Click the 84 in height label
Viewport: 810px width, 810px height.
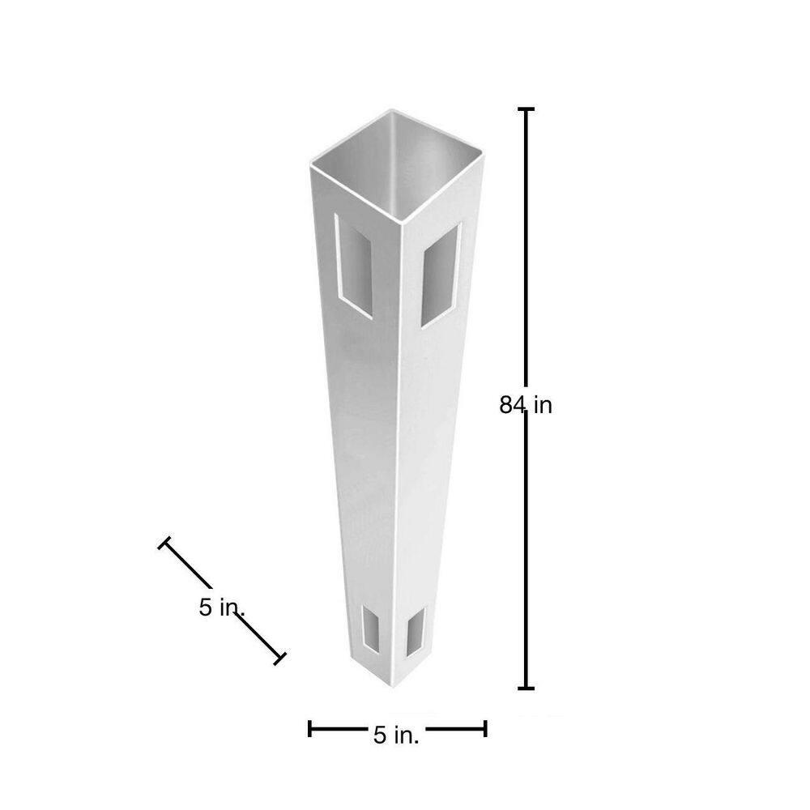(x=526, y=405)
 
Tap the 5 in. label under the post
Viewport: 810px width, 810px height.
(x=396, y=735)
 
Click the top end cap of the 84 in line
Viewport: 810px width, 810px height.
(x=526, y=109)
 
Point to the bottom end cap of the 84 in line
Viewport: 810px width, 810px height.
(x=526, y=688)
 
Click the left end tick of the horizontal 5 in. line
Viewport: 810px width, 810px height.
(x=309, y=729)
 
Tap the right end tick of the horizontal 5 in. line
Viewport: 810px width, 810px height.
(x=484, y=729)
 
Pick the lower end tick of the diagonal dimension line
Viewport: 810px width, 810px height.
(x=280, y=658)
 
